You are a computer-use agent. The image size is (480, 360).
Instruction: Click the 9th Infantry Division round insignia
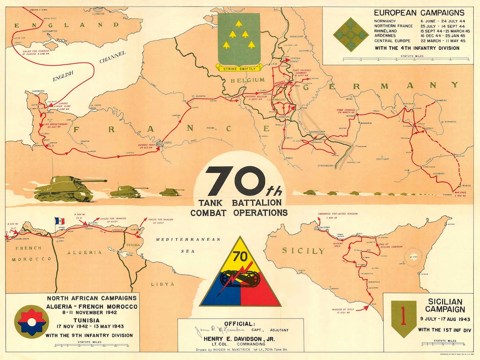coord(31,320)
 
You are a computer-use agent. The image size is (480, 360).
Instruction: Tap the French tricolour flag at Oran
coord(59,221)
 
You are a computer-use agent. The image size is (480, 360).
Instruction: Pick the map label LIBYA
coord(163,284)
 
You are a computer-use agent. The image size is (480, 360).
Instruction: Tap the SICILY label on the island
coord(298,251)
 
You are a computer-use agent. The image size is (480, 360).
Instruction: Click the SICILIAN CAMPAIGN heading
coord(445,306)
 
